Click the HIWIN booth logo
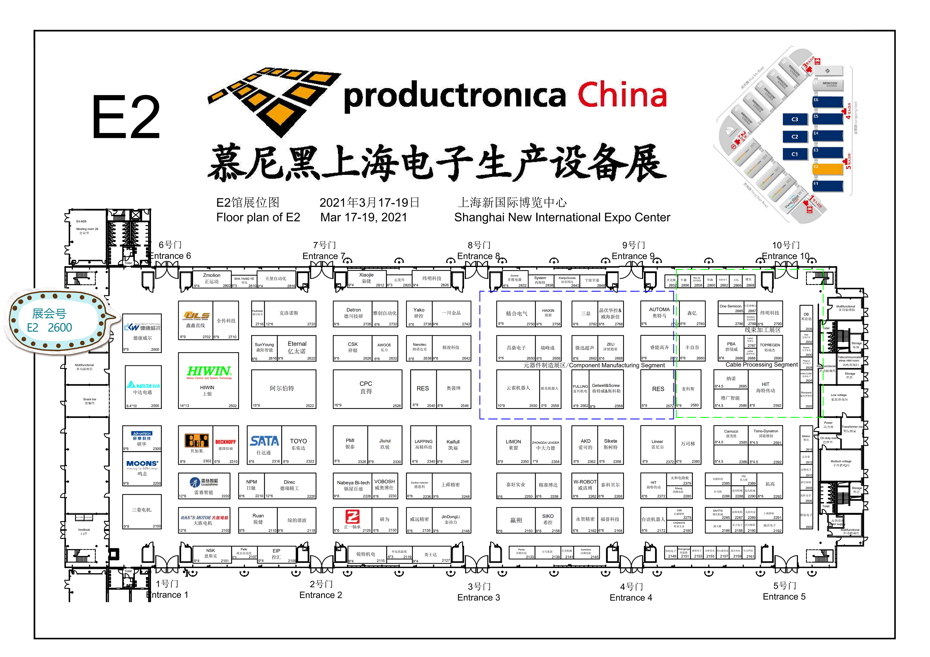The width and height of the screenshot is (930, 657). [209, 372]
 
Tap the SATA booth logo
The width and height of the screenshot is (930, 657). [264, 441]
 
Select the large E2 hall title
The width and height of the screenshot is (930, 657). [126, 118]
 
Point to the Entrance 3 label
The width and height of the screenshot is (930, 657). [478, 597]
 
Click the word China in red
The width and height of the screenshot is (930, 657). [622, 95]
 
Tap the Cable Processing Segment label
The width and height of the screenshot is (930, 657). [761, 365]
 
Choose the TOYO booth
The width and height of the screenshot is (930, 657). [299, 444]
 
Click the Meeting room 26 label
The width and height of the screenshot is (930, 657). [87, 229]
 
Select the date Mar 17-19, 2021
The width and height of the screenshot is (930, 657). [363, 218]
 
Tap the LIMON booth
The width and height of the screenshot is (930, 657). [513, 444]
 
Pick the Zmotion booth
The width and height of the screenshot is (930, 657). [212, 278]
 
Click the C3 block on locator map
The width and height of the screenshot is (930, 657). [795, 119]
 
